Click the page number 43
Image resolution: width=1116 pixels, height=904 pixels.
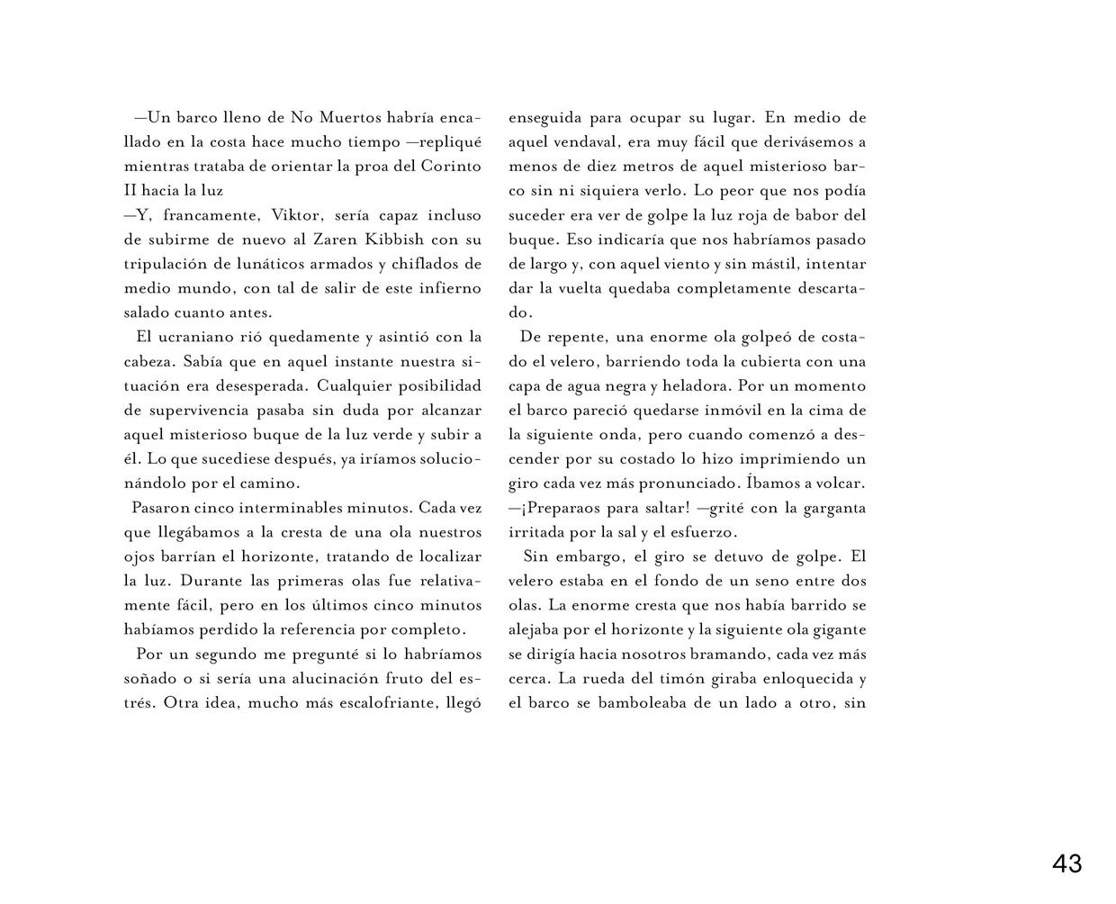tap(1066, 864)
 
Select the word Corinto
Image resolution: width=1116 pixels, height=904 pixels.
tap(452, 167)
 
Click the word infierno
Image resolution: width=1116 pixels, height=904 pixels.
tap(445, 288)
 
